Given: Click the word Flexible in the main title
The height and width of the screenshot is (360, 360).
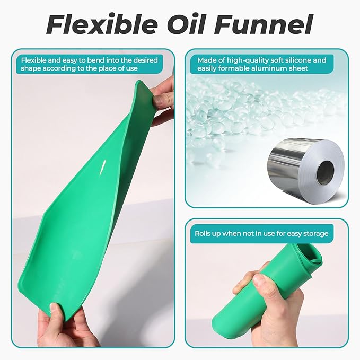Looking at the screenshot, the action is tap(102, 24).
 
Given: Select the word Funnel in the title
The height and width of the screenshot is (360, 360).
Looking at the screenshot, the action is tap(264, 24).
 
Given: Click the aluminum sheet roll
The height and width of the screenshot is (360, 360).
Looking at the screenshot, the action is tap(306, 169).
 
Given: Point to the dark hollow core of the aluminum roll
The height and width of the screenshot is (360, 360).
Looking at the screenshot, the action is tap(326, 172).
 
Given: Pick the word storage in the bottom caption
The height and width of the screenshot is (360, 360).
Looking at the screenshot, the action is tap(316, 234).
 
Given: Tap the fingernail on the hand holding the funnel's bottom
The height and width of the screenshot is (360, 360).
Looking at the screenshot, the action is tap(53, 308).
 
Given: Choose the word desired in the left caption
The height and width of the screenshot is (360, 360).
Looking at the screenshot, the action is tap(146, 60).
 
